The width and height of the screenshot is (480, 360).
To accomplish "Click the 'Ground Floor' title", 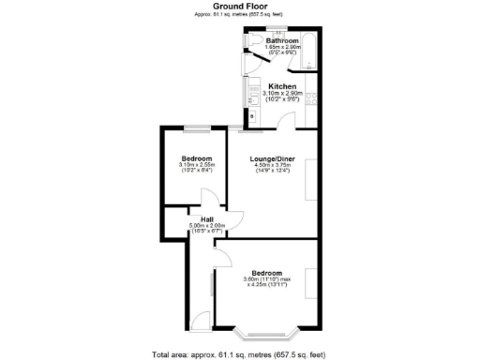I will [239, 6].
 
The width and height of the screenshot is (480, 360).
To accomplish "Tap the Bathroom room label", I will [282, 42].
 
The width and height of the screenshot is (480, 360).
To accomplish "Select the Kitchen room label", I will [282, 86].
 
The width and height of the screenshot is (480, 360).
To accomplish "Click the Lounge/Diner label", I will [272, 159].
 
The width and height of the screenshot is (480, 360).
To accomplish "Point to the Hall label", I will [207, 218].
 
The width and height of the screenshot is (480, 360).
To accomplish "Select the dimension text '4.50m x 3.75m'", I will [272, 167].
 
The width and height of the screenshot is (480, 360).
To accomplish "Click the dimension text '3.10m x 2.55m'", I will [197, 167].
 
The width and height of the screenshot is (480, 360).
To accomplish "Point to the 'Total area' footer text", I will [239, 354].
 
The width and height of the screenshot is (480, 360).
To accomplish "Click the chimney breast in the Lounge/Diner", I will [312, 178].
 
